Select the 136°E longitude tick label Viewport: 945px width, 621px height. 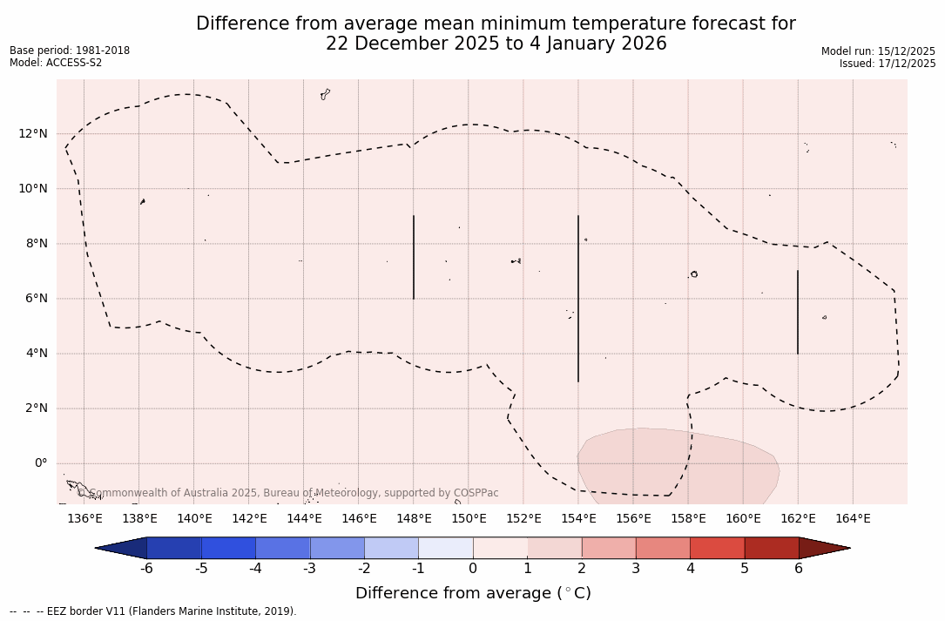84,519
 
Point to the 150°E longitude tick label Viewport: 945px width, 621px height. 469,519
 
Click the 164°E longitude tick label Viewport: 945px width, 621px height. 853,519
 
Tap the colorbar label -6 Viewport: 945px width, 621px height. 146,569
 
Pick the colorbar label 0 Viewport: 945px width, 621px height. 473,569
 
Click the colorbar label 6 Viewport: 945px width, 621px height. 799,569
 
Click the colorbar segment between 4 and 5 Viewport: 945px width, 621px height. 717,548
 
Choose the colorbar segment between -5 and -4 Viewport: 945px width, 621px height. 228,548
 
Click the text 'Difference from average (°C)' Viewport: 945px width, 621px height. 473,593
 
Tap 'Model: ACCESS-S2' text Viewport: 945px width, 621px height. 56,63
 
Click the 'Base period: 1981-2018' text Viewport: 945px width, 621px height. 70,51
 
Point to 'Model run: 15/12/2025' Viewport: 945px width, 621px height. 878,51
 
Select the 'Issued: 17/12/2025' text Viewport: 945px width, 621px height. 888,64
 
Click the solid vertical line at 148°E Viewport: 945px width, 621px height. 414,257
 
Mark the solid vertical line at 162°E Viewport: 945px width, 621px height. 798,312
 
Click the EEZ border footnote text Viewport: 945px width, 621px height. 153,611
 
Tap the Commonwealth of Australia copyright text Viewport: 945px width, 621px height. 288,493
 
